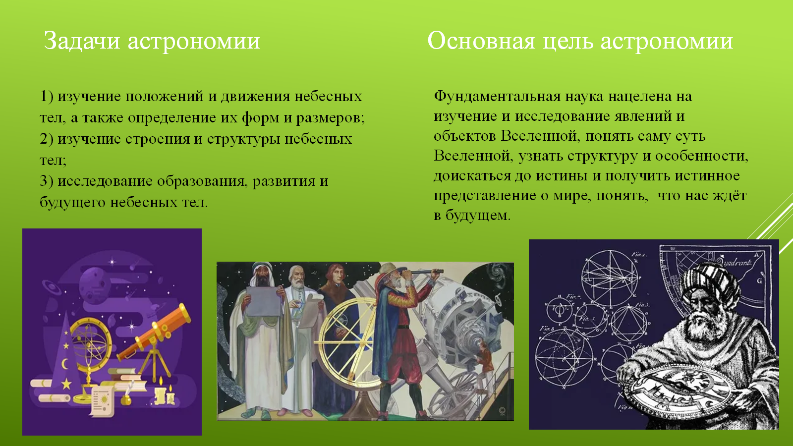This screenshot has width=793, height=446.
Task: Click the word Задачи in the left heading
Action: tap(82, 41)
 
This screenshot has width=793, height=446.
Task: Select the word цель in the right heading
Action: tap(567, 42)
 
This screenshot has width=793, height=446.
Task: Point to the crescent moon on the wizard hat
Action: tap(65, 364)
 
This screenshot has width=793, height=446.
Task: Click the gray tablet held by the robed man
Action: tap(264, 301)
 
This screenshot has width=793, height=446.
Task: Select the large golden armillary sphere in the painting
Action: tap(349, 340)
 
